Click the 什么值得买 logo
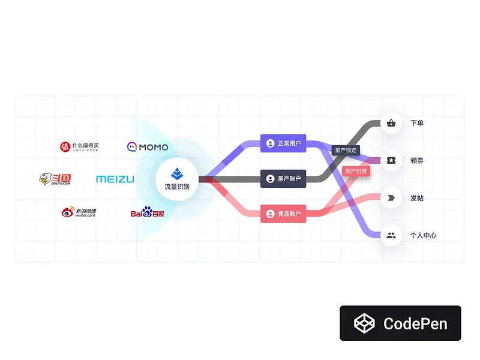(79, 146)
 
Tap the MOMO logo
(148, 146)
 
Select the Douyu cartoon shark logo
(55, 179)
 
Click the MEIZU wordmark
(115, 179)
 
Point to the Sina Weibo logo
(79, 212)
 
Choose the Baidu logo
(148, 212)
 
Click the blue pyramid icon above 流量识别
(177, 173)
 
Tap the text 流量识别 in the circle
(177, 187)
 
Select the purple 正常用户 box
(283, 143)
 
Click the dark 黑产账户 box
(283, 179)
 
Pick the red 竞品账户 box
(283, 214)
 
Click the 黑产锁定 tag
(346, 150)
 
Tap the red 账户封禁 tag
(356, 170)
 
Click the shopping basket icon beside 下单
(391, 123)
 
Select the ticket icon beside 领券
(391, 160)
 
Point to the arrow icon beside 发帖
(391, 197)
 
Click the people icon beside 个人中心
(391, 235)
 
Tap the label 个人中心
(423, 235)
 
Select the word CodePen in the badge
(415, 323)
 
